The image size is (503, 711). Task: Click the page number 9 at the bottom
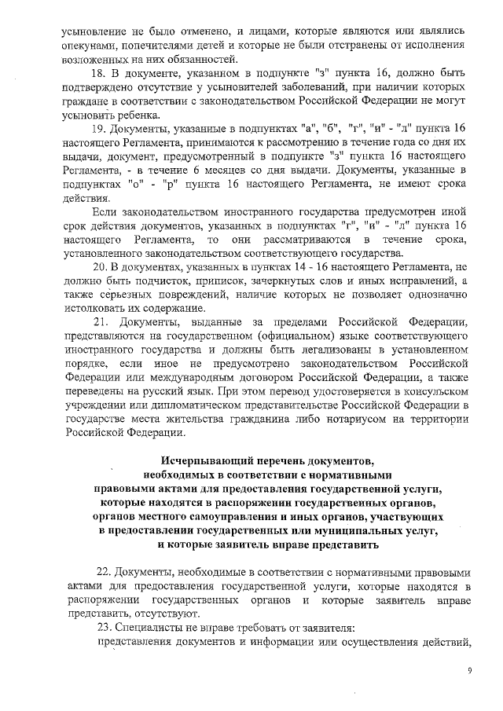click(x=469, y=670)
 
